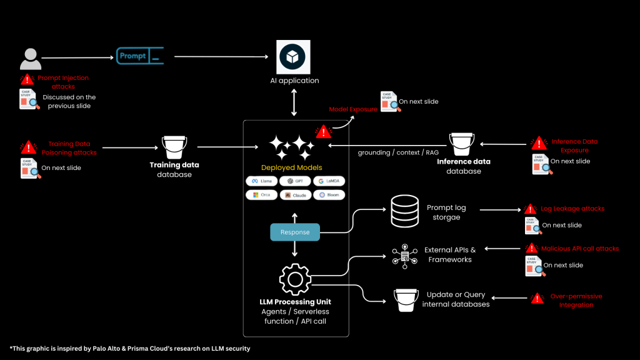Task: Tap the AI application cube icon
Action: click(294, 57)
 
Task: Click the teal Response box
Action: click(295, 232)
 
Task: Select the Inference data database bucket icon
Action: click(462, 144)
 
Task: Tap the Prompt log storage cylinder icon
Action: click(404, 212)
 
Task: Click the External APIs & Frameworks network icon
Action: click(404, 256)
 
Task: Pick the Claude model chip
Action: click(295, 195)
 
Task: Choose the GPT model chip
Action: click(295, 181)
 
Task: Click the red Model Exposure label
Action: click(353, 109)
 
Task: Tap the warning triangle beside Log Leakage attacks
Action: click(530, 209)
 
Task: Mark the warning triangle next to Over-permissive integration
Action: click(536, 299)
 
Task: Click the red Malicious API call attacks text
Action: click(579, 249)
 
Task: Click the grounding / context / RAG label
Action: click(390, 152)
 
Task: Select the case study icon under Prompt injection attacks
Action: click(28, 99)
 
